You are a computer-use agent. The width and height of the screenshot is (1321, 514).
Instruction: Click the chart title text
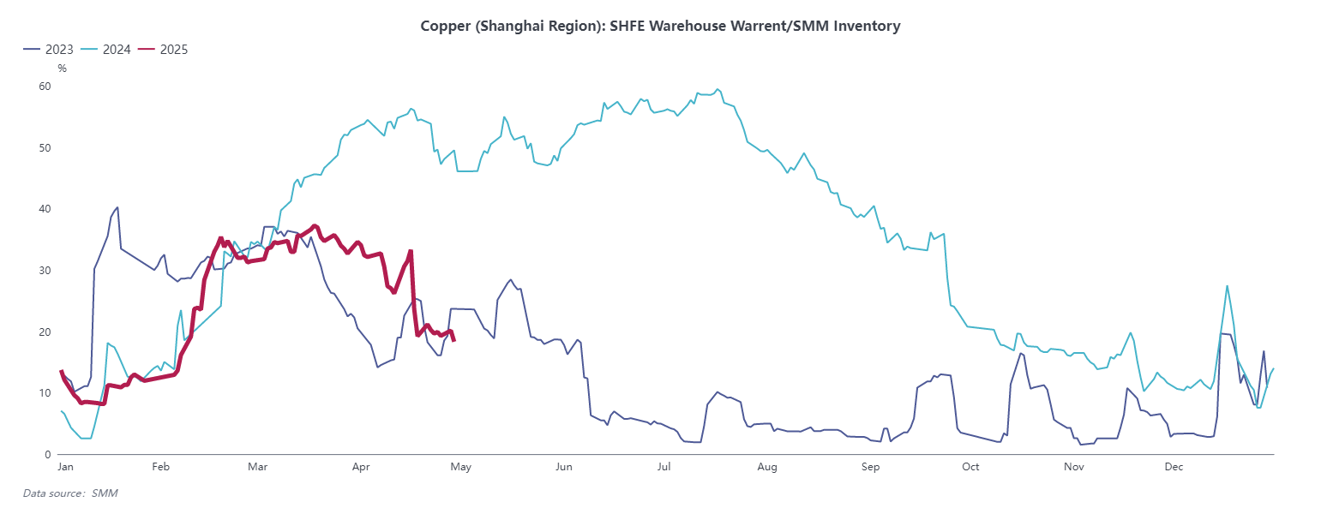pos(660,26)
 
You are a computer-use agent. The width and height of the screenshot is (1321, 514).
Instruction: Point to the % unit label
pos(62,69)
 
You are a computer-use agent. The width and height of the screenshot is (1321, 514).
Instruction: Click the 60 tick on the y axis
pos(45,87)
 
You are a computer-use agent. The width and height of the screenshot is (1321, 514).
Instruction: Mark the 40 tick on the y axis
pos(45,209)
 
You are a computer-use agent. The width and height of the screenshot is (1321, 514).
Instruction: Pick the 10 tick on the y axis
pos(45,393)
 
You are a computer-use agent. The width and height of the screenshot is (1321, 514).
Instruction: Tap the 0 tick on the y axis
pos(48,455)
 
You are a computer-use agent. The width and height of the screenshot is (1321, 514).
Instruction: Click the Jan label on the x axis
pos(65,468)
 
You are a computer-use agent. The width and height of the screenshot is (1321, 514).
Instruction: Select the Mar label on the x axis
pos(258,468)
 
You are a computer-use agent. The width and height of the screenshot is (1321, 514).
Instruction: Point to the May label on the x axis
pos(461,468)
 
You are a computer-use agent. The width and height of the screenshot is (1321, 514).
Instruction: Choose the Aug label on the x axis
pos(767,468)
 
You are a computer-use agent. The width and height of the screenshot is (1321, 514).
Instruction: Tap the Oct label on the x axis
pos(970,468)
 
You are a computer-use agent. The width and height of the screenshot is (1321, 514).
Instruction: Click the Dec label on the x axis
pos(1174,468)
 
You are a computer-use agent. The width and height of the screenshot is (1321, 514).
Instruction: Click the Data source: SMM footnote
pos(70,493)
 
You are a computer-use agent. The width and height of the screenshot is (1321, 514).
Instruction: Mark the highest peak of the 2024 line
pos(718,89)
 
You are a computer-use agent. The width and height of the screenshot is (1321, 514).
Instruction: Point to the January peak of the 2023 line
pos(117,206)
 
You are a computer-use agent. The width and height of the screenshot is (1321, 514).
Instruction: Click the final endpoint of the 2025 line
pos(453,341)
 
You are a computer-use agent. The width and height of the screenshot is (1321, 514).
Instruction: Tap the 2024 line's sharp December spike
pos(1228,286)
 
